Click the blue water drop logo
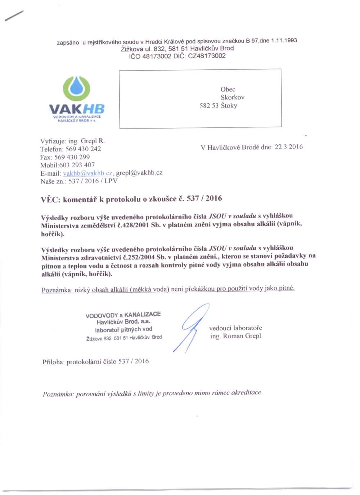77,88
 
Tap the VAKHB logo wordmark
77,109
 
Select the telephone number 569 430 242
83,149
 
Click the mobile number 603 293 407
77,165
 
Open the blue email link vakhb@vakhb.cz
87,173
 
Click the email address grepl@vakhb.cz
139,173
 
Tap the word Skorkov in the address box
233,97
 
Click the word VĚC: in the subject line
50,200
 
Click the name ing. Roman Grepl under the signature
236,336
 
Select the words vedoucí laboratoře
235,328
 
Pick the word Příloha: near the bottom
53,362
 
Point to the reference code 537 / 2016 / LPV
93,181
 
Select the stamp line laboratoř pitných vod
123,329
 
